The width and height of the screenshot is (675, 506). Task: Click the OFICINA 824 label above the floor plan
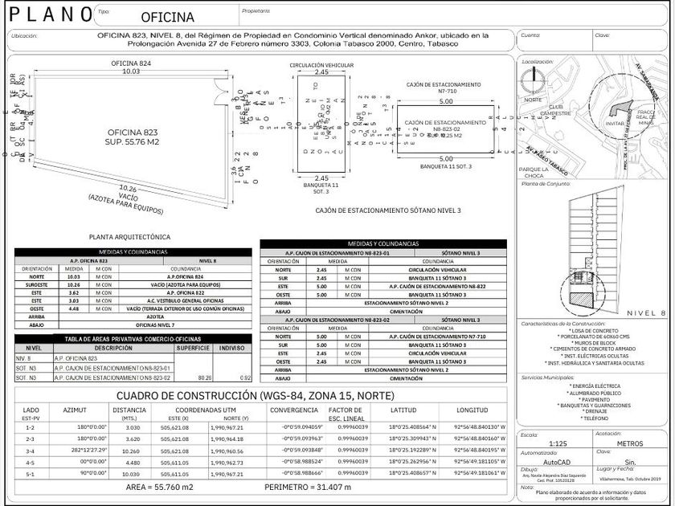click(x=130, y=63)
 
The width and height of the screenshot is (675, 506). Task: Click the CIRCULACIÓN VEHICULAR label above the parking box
click(x=321, y=64)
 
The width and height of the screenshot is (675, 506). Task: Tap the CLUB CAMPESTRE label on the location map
click(x=558, y=110)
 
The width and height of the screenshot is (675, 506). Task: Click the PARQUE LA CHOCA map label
click(x=533, y=172)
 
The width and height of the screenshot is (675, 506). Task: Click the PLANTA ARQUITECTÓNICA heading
click(x=129, y=237)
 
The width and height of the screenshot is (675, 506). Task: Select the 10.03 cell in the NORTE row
click(x=73, y=276)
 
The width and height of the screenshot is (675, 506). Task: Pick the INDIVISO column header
click(x=233, y=348)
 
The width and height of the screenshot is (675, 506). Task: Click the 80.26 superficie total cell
click(x=204, y=376)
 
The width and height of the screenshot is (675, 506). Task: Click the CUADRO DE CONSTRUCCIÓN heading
click(x=256, y=395)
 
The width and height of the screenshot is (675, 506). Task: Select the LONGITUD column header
click(x=472, y=410)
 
